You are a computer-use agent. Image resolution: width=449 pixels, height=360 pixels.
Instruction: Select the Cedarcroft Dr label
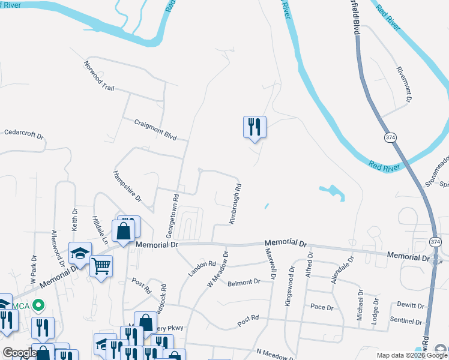pos(24,133)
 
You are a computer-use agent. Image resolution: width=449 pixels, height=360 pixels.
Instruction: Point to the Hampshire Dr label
pos(127,186)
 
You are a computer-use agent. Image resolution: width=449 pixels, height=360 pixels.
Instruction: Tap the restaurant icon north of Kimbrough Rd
pos(255,127)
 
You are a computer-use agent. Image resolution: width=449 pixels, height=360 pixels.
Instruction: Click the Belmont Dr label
pos(244,281)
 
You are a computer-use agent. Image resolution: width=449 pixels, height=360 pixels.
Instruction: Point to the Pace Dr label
pos(322,307)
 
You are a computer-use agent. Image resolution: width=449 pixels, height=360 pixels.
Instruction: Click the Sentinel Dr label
pos(406,321)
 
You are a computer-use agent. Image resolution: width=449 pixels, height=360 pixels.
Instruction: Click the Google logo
pos(20,353)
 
